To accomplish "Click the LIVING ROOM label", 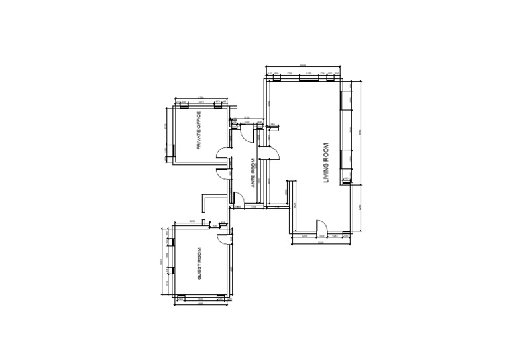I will click(x=326, y=164).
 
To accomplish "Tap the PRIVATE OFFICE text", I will click(x=199, y=131).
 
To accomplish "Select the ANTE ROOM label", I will click(x=254, y=174).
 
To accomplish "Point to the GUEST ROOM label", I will click(x=199, y=263).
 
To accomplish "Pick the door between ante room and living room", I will click(x=268, y=153).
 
